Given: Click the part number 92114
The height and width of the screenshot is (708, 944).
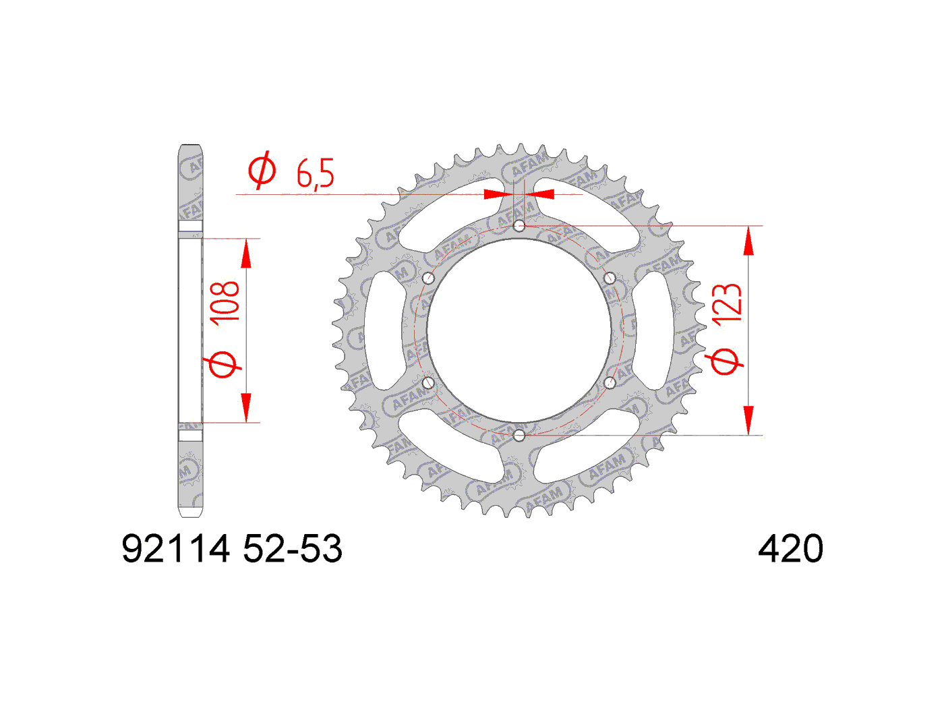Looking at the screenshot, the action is (x=175, y=549).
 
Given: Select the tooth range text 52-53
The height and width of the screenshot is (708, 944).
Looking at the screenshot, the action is (x=293, y=549).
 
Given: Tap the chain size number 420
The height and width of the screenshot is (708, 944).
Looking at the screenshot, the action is (x=790, y=549).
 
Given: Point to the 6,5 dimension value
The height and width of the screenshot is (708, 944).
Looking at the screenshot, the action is (x=315, y=174).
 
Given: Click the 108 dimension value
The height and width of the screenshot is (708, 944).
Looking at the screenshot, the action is (x=225, y=301).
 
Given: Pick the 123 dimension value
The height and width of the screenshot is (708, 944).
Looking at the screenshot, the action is (x=727, y=303).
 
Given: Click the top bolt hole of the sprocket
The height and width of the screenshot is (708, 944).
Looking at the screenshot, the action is (x=519, y=225).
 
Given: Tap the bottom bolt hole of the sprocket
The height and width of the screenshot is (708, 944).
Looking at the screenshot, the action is (x=519, y=436).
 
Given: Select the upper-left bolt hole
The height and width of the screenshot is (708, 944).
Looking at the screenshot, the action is (x=428, y=278).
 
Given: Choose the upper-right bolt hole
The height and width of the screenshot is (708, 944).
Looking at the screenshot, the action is (x=610, y=278).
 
